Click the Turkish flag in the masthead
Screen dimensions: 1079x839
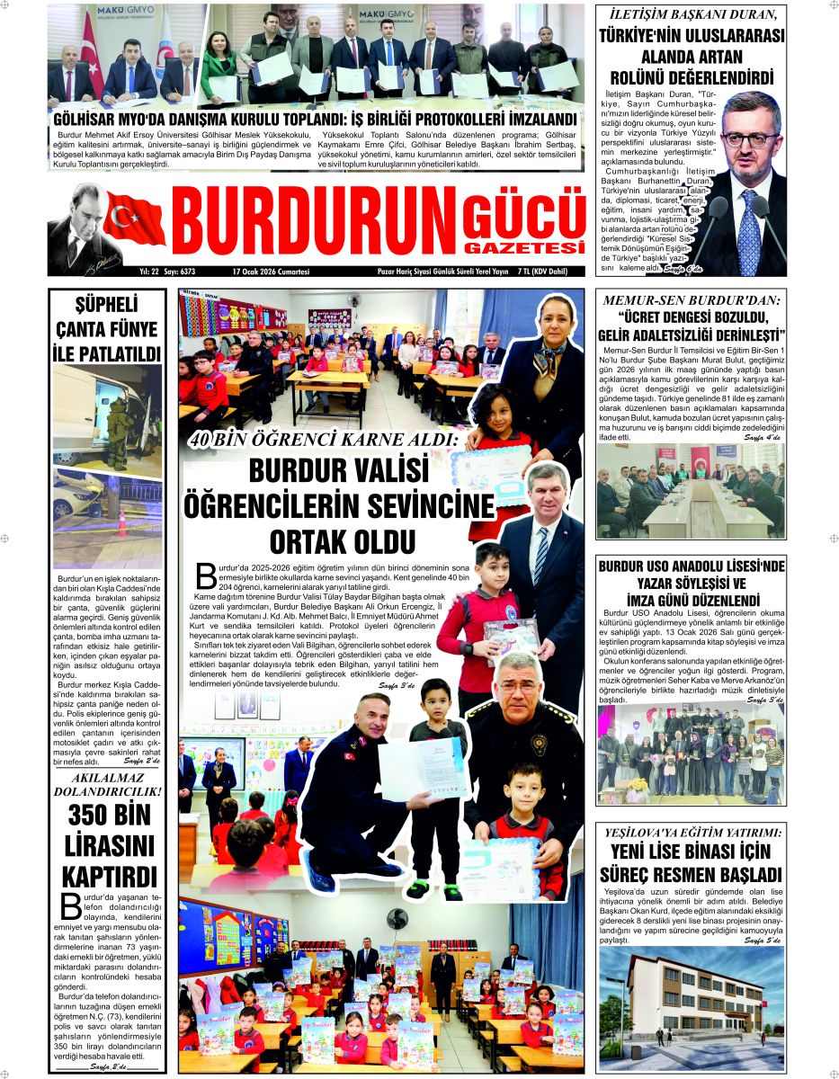(x=134, y=219)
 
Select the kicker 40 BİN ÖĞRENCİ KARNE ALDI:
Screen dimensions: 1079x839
(x=323, y=441)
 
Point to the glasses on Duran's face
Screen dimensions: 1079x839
(x=748, y=139)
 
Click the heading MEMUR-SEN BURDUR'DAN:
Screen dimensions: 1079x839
(x=690, y=302)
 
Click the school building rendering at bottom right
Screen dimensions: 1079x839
(x=690, y=998)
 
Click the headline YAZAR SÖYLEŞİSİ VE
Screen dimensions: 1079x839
(x=690, y=584)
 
